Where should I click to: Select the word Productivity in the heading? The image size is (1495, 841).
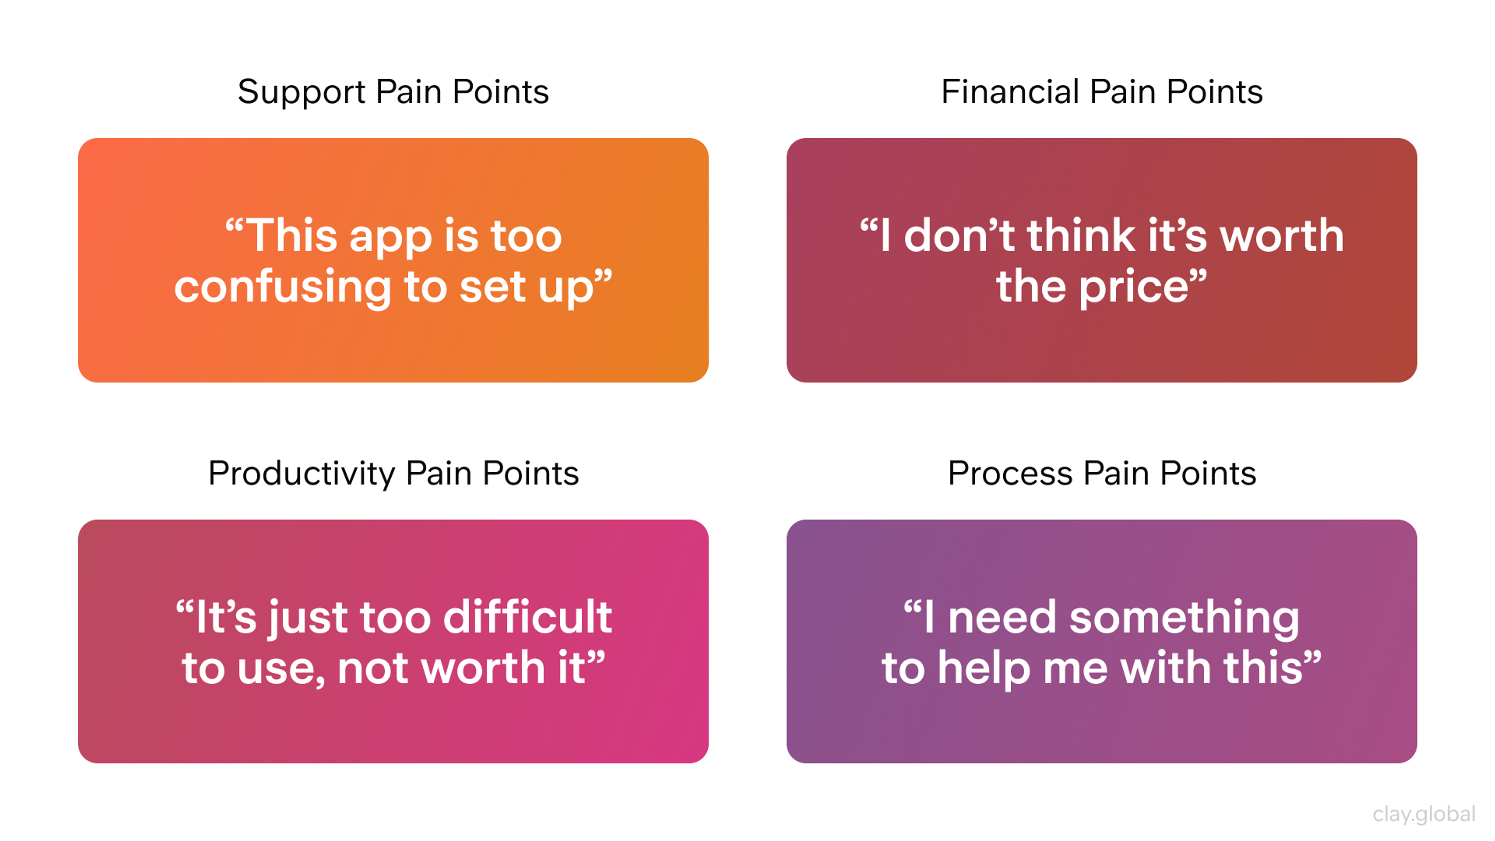[301, 474]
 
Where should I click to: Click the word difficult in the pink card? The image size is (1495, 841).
[527, 617]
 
